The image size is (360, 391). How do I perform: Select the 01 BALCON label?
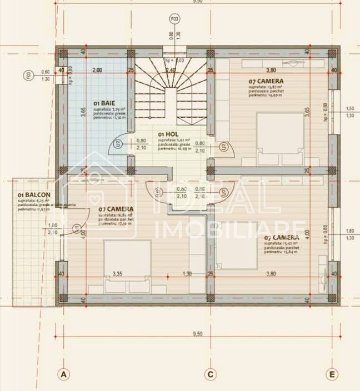[34, 195]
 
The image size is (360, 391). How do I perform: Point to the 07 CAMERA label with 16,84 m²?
[117, 209]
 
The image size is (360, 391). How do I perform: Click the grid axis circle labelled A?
[64, 374]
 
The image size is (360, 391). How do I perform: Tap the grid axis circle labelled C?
[210, 374]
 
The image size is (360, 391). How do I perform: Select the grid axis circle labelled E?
[332, 374]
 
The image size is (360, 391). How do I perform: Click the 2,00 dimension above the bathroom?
[97, 71]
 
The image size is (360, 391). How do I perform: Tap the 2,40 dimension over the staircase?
[171, 71]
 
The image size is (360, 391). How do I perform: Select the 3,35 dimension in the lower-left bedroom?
[117, 274]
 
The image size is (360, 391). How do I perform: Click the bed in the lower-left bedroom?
[128, 265]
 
